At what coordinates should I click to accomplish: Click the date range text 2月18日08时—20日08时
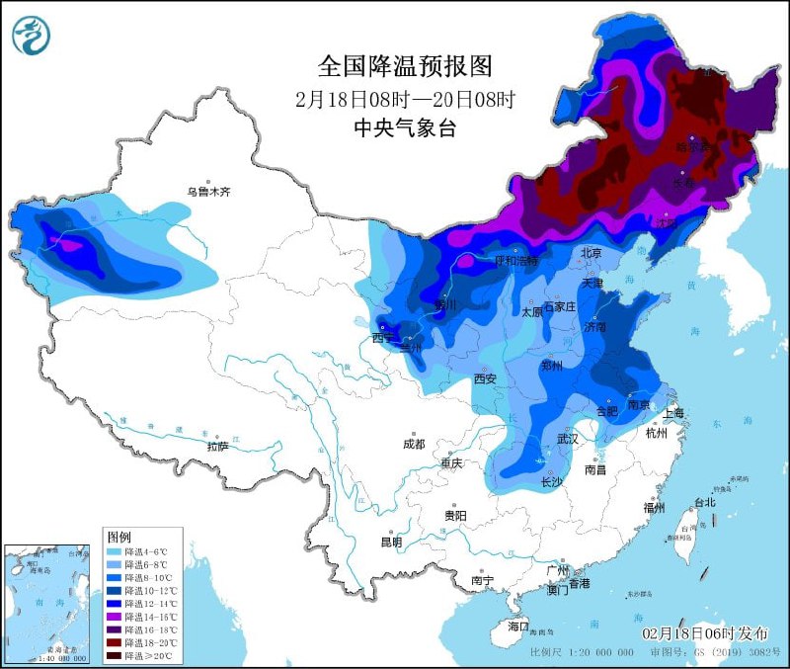(405, 99)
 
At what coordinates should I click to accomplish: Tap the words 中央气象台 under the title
(405, 127)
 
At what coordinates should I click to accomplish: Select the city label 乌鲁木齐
(208, 192)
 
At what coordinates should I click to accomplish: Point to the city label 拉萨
(218, 446)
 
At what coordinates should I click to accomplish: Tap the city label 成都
(413, 444)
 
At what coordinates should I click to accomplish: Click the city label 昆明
(391, 542)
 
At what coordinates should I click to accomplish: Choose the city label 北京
(591, 253)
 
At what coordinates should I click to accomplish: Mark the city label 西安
(484, 378)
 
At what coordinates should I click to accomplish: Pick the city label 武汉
(567, 438)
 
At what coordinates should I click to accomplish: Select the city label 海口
(518, 627)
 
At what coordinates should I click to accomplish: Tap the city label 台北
(705, 502)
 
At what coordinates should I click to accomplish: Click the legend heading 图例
(118, 536)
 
